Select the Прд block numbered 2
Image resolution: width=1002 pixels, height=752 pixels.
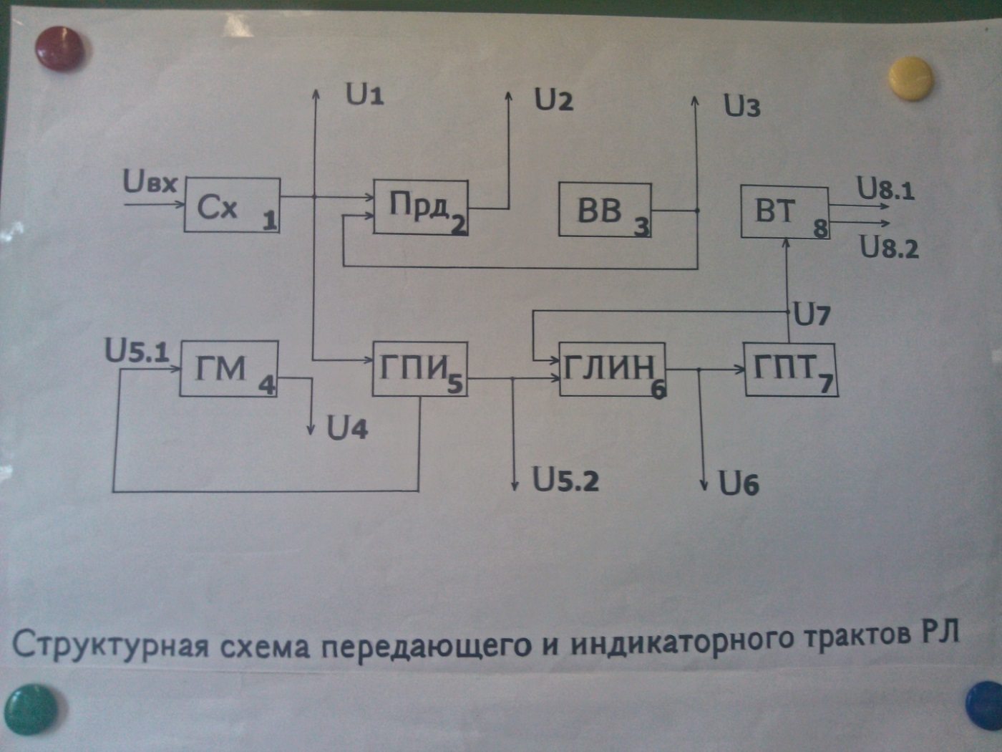[421, 208]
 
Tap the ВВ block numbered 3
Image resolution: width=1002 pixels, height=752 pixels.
[605, 210]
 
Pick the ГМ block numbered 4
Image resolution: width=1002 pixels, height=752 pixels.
[228, 369]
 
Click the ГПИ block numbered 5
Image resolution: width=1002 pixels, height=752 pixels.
[419, 369]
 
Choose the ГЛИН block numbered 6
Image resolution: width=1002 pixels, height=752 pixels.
[612, 369]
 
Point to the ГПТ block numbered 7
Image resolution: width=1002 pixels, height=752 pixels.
[790, 370]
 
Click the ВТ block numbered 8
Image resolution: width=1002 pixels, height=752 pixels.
[784, 211]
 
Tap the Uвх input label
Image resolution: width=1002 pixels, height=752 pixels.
[150, 182]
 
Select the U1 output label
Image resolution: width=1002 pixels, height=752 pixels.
[364, 94]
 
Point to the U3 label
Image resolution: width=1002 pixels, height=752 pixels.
[741, 106]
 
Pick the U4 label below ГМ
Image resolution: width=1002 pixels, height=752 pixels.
[347, 428]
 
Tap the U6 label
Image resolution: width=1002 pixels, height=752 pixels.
[739, 484]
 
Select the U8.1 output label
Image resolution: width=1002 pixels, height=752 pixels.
[886, 190]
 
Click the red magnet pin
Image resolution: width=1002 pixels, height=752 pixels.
[59, 48]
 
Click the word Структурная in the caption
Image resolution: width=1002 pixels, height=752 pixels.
[111, 644]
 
